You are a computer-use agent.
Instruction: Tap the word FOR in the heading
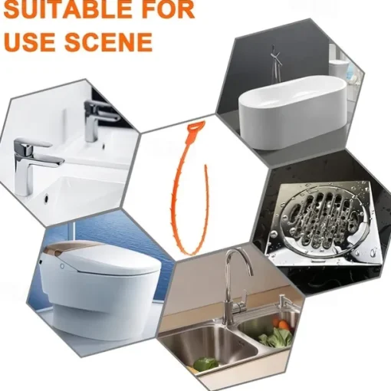coord(167,10)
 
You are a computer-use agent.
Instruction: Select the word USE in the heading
coord(30,41)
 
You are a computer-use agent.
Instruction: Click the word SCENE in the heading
coord(108,41)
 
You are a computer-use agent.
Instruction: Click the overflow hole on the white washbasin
coord(47,198)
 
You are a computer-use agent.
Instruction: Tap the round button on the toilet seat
coord(62,266)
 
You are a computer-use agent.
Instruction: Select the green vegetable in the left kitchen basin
coord(206,363)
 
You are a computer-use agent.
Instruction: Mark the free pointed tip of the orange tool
coord(205,166)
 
